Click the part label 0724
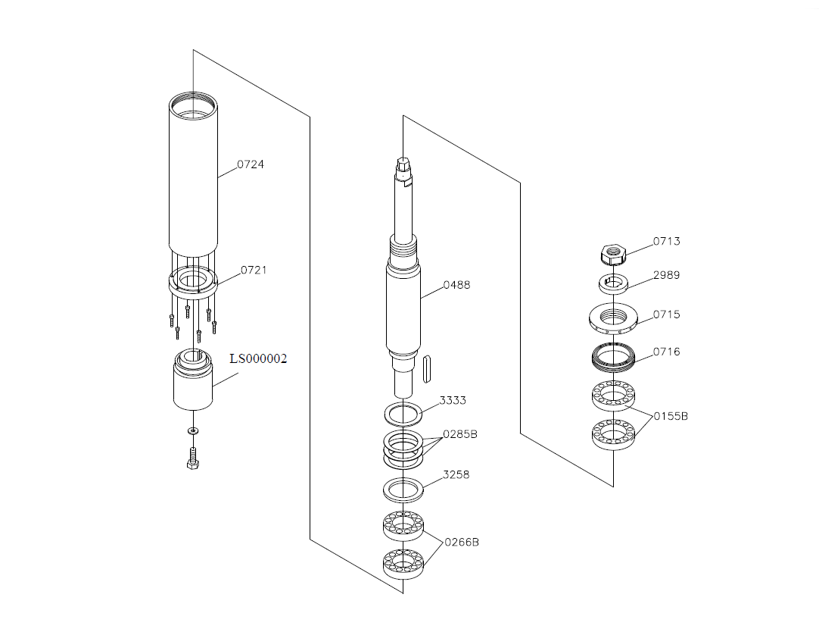coord(251,164)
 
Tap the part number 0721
coord(254,270)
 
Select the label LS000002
coord(259,359)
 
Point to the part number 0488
coord(456,285)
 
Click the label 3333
coord(453,401)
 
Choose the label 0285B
coord(460,434)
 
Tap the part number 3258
coord(456,475)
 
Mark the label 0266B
coord(462,542)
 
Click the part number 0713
coord(667,241)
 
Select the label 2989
coord(667,275)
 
